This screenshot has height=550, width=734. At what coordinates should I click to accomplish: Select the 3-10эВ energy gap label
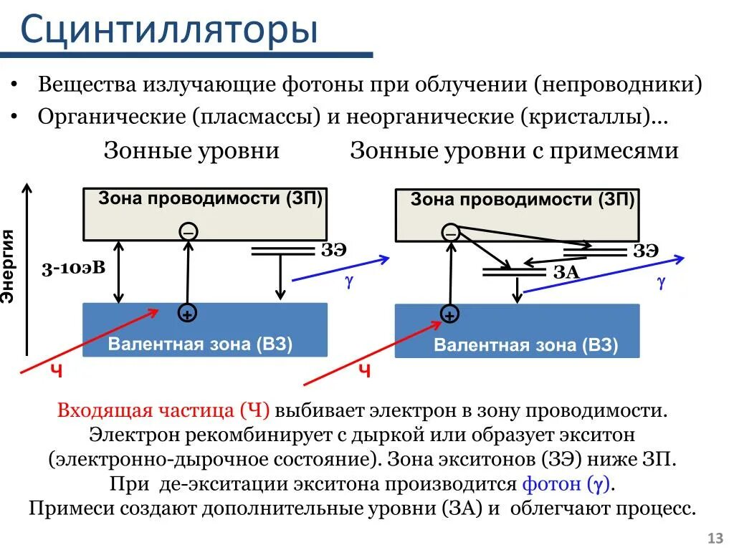pyautogui.click(x=73, y=268)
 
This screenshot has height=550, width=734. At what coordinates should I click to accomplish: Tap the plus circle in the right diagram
pyautogui.click(x=449, y=314)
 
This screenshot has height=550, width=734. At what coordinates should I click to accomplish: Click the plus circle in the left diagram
pyautogui.click(x=187, y=314)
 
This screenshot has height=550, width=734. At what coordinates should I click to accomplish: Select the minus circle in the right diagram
pyautogui.click(x=451, y=232)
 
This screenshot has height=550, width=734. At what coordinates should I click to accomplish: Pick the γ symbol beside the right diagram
pyautogui.click(x=661, y=282)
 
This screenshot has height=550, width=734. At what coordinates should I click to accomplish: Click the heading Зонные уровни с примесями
pyautogui.click(x=514, y=151)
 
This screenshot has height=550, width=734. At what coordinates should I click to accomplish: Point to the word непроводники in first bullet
pyautogui.click(x=617, y=85)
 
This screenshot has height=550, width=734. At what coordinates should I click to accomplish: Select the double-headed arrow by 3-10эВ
pyautogui.click(x=120, y=271)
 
